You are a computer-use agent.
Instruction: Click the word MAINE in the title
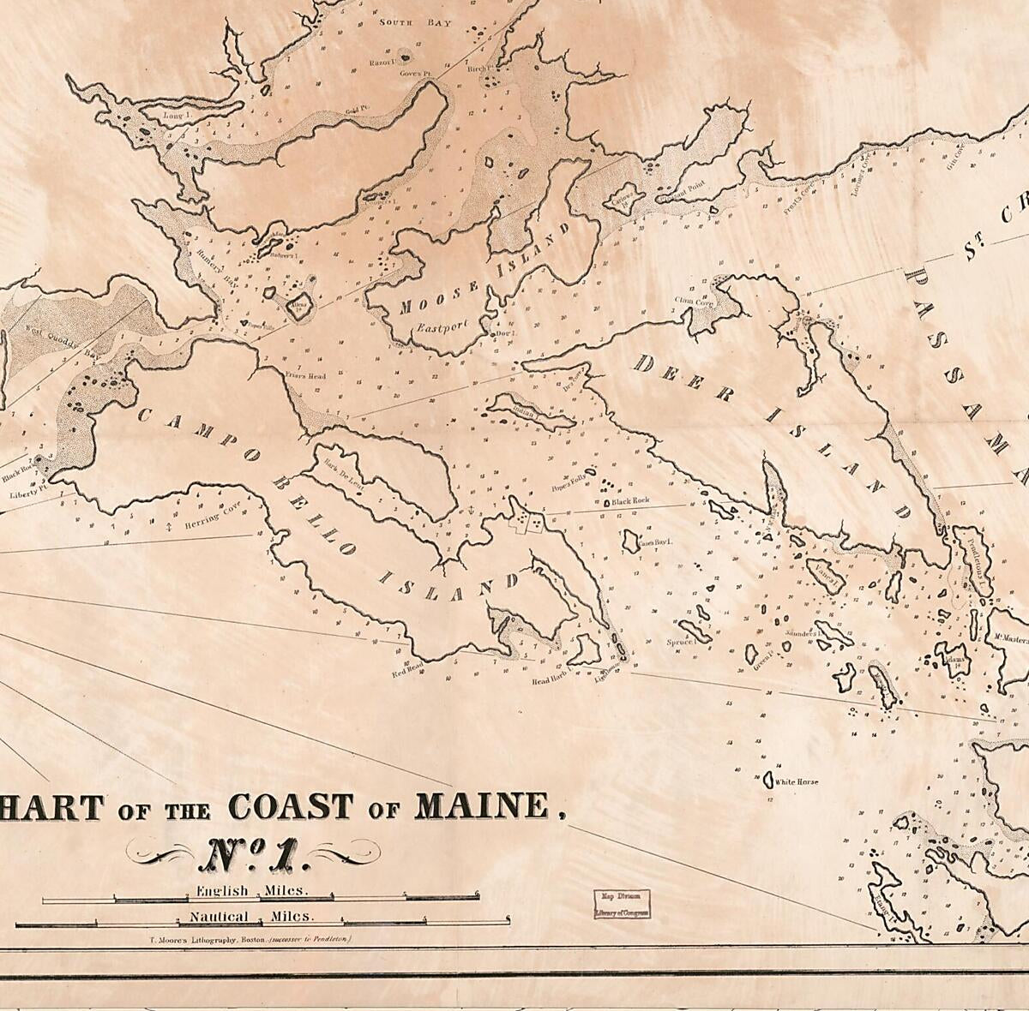[481, 806]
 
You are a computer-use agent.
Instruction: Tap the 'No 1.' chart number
[253, 853]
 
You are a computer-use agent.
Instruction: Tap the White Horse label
[797, 782]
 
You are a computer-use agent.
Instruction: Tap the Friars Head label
[305, 375]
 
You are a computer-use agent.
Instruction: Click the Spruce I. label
[679, 641]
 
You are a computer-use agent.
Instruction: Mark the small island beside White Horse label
[767, 782]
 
